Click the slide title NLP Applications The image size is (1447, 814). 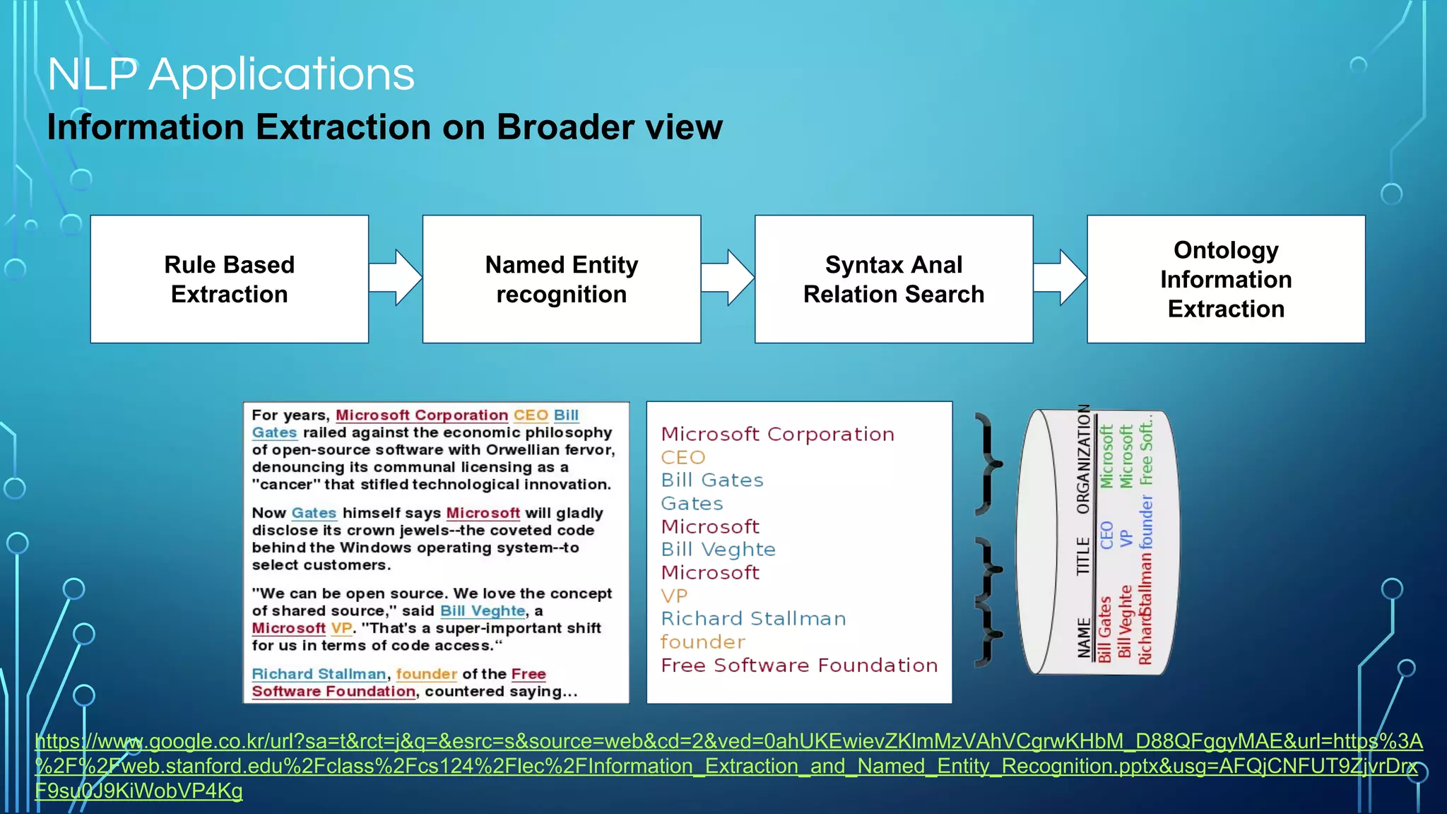pos(231,74)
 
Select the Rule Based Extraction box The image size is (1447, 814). pos(230,279)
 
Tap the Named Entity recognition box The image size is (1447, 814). pos(562,279)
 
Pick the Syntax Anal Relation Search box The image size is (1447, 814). pos(894,279)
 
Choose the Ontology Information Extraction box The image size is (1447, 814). pos(1226,279)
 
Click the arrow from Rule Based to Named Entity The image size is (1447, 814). pos(396,278)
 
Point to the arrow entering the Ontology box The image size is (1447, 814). pos(1060,278)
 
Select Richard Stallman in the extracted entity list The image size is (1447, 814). pos(753,619)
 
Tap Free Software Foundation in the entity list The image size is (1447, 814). pos(799,666)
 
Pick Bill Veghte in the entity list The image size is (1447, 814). pos(718,550)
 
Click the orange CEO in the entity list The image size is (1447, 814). pos(683,458)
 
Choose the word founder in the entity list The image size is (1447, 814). pos(702,642)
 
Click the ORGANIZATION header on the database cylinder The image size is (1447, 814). pos(1083,459)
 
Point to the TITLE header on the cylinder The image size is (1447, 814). pos(1083,556)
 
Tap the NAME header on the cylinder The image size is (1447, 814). pos(1083,637)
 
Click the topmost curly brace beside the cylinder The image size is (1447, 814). pos(988,464)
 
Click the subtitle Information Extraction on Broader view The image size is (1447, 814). pos(384,128)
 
